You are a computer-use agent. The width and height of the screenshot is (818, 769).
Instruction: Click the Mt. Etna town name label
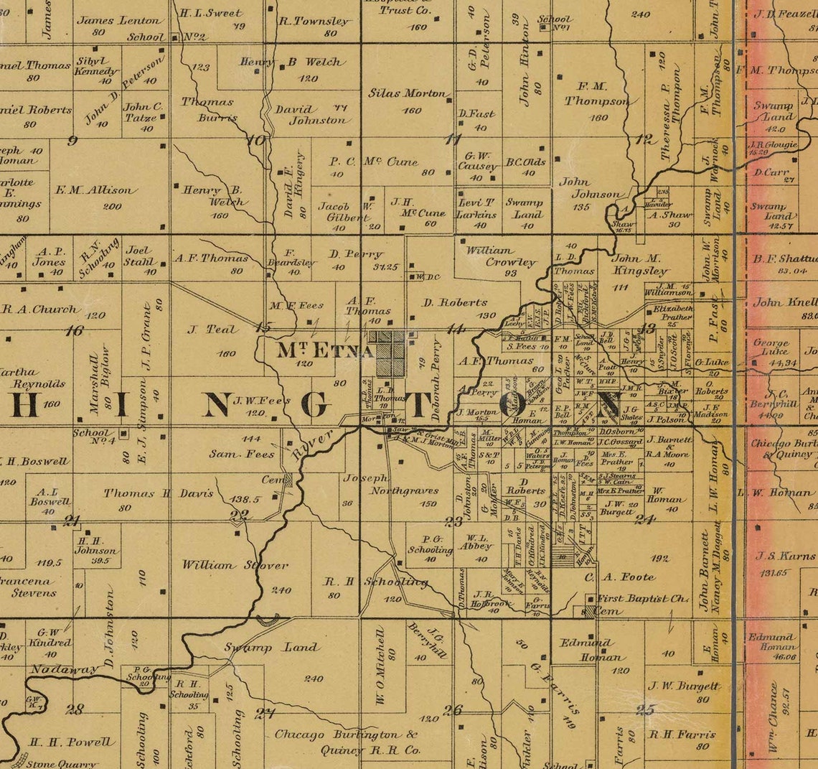(325, 351)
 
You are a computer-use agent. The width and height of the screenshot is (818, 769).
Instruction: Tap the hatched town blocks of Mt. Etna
(390, 353)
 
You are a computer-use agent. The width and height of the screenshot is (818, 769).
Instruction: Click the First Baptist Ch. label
(643, 598)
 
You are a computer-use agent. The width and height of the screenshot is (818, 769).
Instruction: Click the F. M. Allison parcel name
(95, 190)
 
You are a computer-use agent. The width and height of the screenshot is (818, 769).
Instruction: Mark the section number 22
(239, 514)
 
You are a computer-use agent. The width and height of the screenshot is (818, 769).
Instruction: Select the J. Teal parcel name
(211, 330)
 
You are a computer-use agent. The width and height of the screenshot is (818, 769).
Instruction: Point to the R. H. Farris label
(682, 735)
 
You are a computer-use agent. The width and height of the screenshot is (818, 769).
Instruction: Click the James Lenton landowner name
(119, 21)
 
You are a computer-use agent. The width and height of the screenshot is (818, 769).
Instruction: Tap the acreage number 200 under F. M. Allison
(112, 206)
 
